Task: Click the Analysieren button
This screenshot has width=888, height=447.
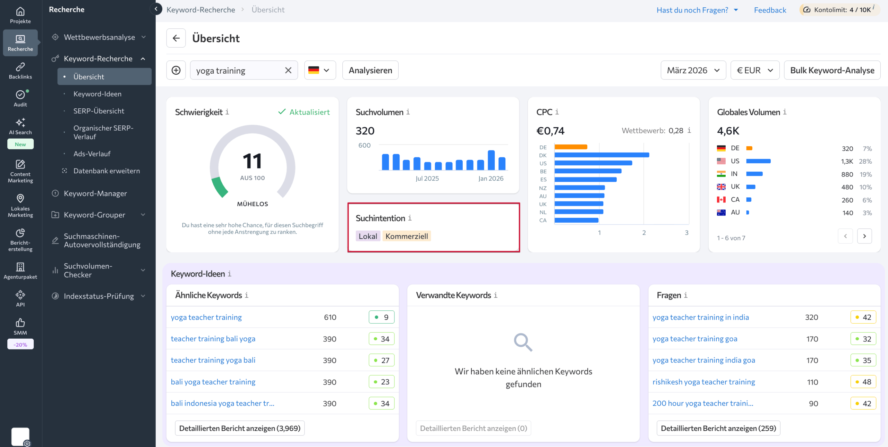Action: pyautogui.click(x=370, y=70)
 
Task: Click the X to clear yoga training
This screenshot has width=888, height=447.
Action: pyautogui.click(x=288, y=70)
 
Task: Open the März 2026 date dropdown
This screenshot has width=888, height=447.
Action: pyautogui.click(x=693, y=70)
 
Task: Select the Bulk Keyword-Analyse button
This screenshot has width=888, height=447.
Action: pyautogui.click(x=832, y=70)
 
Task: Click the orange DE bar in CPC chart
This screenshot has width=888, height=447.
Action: pyautogui.click(x=571, y=147)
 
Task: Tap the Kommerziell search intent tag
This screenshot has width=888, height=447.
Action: pyautogui.click(x=406, y=236)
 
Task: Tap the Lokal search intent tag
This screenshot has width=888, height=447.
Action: pyautogui.click(x=368, y=236)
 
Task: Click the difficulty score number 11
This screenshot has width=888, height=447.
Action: pyautogui.click(x=252, y=162)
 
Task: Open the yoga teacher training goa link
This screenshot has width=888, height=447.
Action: pyautogui.click(x=694, y=339)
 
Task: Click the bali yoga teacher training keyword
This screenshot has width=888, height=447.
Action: pyautogui.click(x=213, y=382)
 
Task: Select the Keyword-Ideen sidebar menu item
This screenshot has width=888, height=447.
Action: pyautogui.click(x=97, y=94)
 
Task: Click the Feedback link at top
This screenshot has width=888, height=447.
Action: pyautogui.click(x=770, y=10)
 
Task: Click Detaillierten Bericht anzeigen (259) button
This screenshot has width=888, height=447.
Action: pyautogui.click(x=718, y=428)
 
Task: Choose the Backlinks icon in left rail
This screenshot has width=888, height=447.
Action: pyautogui.click(x=20, y=71)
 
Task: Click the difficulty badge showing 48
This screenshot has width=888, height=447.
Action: pyautogui.click(x=863, y=382)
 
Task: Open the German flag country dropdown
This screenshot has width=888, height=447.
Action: pyautogui.click(x=319, y=70)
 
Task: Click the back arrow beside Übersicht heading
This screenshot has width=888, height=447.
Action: pyautogui.click(x=176, y=38)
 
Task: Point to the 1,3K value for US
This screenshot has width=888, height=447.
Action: pyautogui.click(x=847, y=161)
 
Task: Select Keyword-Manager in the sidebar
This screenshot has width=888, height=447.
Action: pyautogui.click(x=95, y=193)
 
